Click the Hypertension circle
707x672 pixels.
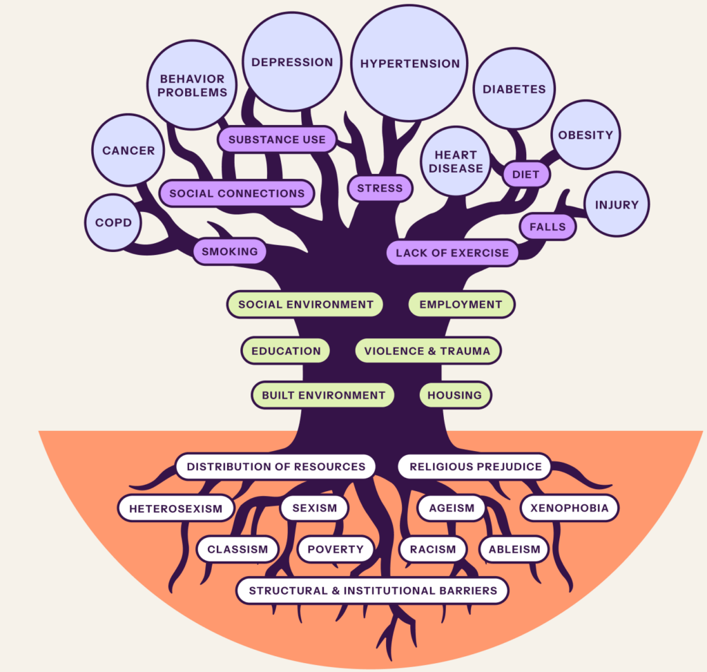(409, 64)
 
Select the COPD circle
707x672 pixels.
(113, 223)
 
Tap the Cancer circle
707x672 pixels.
(128, 151)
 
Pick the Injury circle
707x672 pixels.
(616, 204)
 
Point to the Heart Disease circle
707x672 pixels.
(455, 162)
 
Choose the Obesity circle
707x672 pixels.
(585, 135)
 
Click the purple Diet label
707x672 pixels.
(525, 175)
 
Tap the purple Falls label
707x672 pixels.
(547, 227)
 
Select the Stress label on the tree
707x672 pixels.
(380, 188)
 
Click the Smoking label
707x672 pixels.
(230, 251)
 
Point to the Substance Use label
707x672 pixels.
(277, 140)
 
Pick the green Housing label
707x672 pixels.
(454, 395)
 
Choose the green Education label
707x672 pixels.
(286, 351)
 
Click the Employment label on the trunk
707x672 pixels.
(461, 304)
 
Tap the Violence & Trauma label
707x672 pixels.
(427, 351)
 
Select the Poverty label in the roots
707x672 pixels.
(336, 550)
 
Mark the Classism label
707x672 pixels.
(238, 550)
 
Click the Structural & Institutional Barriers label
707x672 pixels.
(373, 591)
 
